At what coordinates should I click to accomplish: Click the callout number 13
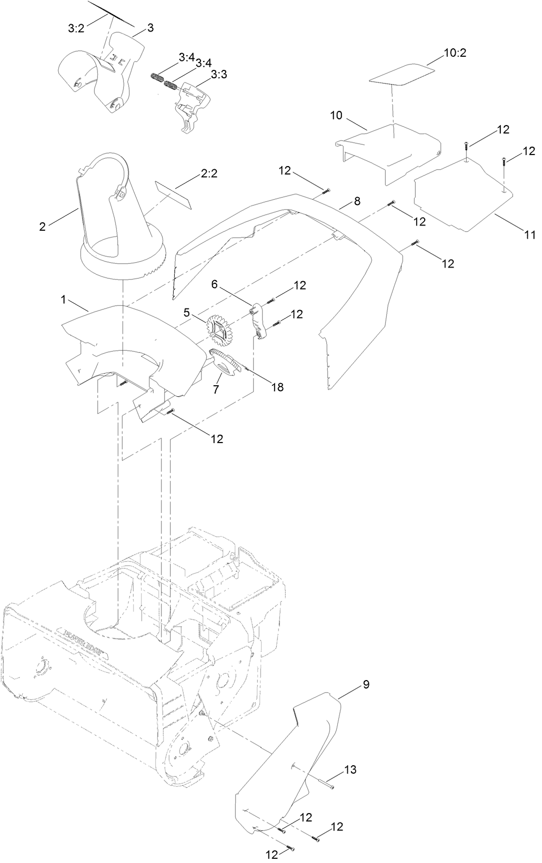click(x=350, y=770)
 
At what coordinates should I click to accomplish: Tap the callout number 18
click(x=277, y=387)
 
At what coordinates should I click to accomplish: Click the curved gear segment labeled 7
click(x=227, y=363)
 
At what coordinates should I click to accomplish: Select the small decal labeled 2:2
click(x=173, y=194)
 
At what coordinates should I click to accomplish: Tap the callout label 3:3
click(x=218, y=76)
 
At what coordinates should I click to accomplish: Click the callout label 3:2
click(x=76, y=28)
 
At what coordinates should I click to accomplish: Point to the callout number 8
click(x=357, y=201)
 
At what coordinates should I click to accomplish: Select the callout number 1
click(x=64, y=300)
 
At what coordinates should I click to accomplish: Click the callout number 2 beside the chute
click(x=42, y=227)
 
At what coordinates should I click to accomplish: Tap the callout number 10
click(x=336, y=116)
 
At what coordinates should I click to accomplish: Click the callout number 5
click(x=186, y=312)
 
